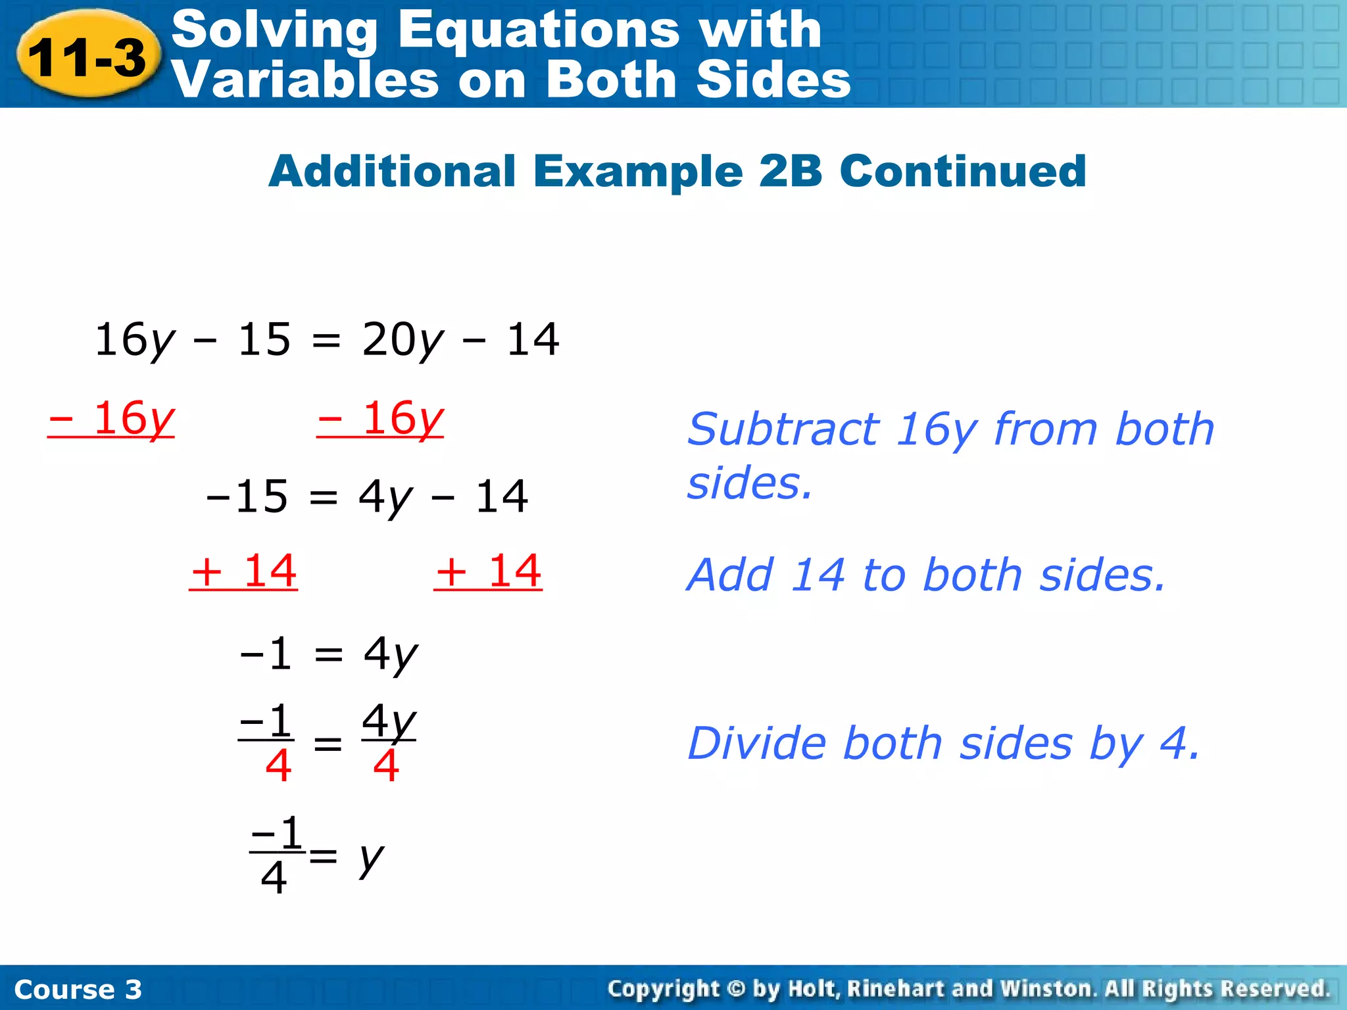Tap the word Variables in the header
[x=305, y=80]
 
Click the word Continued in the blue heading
[x=963, y=171]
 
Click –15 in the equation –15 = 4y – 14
[x=247, y=496]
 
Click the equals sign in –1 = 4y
[x=328, y=654]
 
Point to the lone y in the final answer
[x=371, y=858]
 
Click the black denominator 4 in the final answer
[x=274, y=878]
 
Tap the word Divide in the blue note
[x=756, y=744]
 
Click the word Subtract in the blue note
[x=783, y=429]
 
